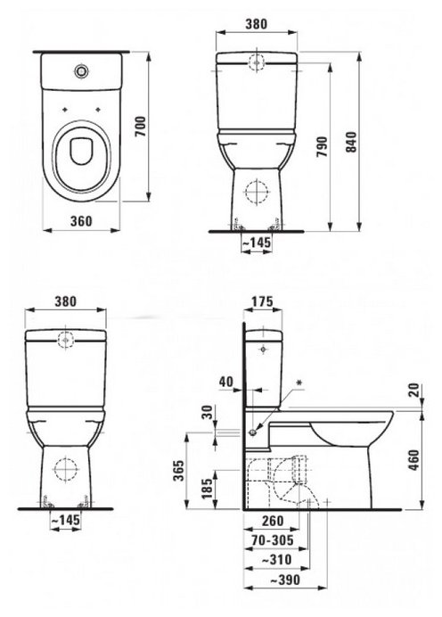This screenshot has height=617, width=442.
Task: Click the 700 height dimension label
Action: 141,127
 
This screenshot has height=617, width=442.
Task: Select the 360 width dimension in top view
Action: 81,221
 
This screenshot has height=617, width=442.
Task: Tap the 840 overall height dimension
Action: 350,142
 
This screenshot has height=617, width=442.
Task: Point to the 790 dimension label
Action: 322,147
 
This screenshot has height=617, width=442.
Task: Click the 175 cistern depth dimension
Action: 262,301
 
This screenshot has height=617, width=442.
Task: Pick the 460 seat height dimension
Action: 413,459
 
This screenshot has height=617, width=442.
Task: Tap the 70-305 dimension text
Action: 273,540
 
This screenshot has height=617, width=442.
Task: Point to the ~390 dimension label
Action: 285,580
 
